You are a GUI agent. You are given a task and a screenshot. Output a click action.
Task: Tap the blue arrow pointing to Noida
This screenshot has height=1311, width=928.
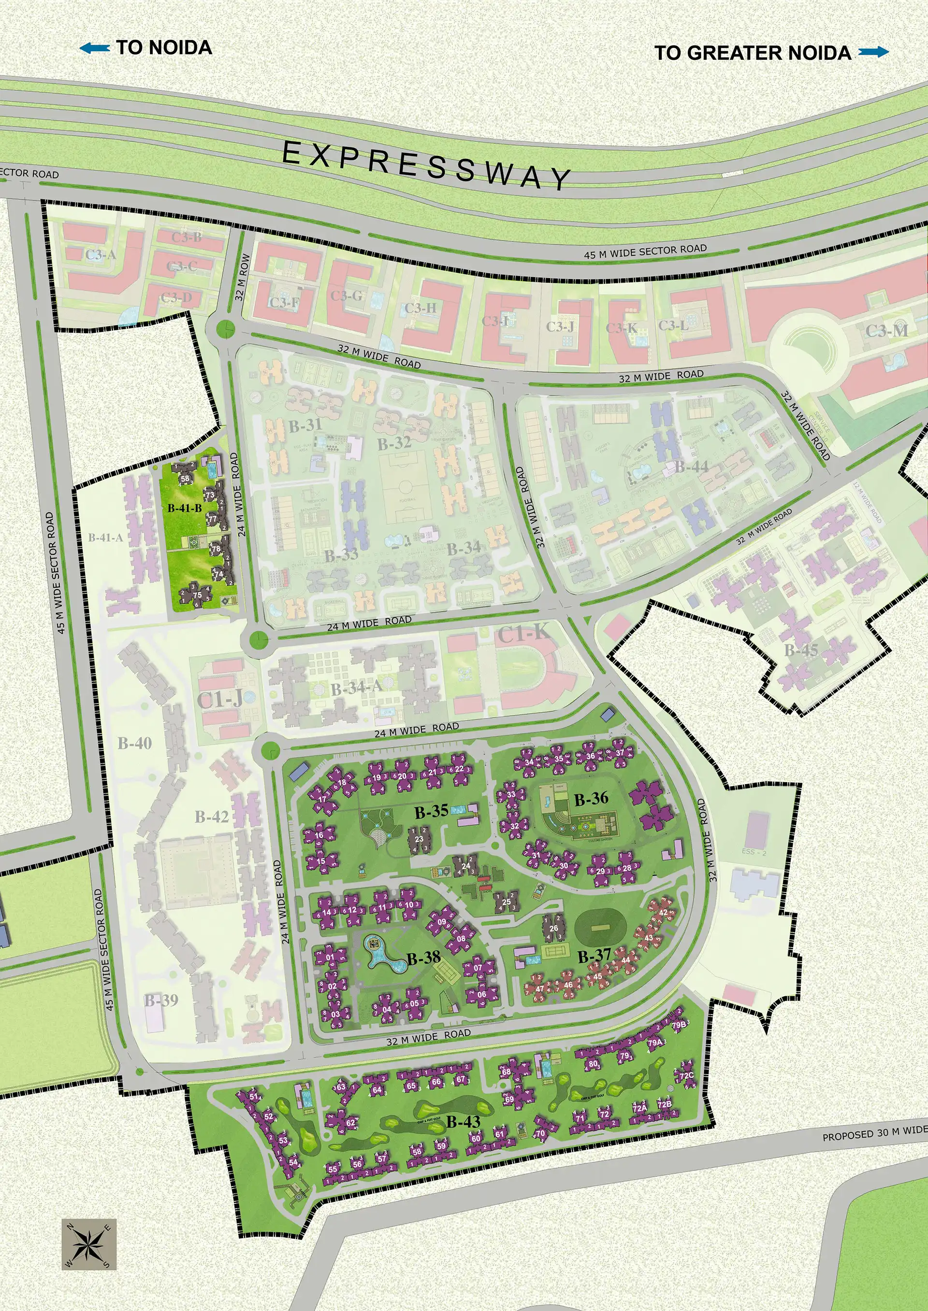[x=95, y=49]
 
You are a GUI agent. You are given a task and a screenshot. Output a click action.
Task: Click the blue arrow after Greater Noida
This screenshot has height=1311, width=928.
[x=874, y=53]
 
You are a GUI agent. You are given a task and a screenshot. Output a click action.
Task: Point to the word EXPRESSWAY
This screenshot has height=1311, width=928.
[x=426, y=165]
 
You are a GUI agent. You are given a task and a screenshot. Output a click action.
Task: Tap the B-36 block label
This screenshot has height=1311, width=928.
[x=592, y=799]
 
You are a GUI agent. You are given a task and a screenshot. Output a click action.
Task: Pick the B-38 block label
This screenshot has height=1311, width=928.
[x=423, y=958]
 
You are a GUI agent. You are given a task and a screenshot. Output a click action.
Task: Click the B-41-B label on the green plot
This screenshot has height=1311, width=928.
[x=185, y=507]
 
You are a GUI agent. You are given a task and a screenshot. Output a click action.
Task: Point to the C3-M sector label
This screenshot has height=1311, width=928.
[x=886, y=331]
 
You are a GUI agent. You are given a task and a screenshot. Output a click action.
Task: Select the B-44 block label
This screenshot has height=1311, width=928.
[x=692, y=466]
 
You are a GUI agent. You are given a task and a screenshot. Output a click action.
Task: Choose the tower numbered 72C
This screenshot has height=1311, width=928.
[x=686, y=1076]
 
